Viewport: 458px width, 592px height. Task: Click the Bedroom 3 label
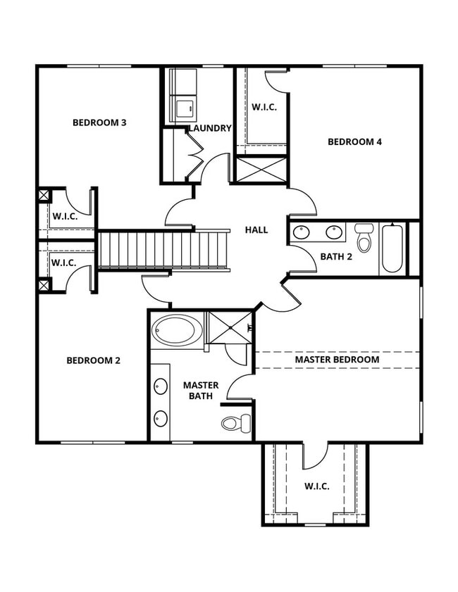[99, 123]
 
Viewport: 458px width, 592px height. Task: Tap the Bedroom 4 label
[354, 141]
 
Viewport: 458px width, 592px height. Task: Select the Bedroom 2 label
[93, 360]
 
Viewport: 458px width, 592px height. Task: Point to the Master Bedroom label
[337, 359]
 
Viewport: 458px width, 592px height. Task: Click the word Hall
[256, 229]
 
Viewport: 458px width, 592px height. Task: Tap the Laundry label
[210, 128]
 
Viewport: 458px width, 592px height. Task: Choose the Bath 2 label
[336, 256]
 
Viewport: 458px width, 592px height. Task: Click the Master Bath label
[201, 391]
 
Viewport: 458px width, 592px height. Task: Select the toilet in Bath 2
[364, 238]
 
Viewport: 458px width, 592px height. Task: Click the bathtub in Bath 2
[392, 248]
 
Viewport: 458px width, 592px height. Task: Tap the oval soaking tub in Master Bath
[177, 329]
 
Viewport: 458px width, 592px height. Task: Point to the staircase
[163, 250]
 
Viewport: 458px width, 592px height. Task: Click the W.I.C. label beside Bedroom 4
[264, 107]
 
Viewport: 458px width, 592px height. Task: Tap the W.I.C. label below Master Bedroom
[316, 486]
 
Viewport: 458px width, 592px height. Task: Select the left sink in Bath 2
[302, 232]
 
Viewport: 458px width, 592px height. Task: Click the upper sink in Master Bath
[161, 386]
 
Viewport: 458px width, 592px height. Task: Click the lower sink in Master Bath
[161, 417]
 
